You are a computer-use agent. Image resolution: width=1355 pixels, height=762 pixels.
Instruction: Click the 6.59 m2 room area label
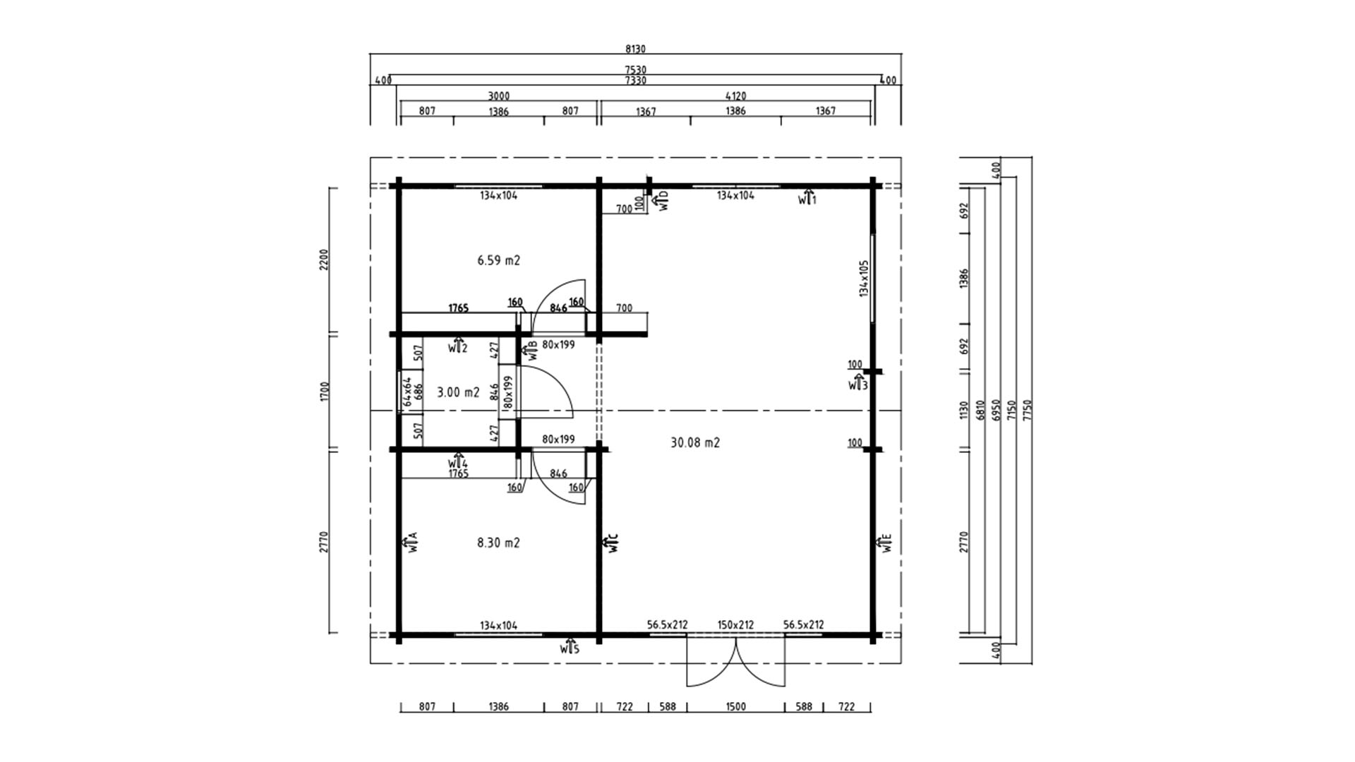(498, 260)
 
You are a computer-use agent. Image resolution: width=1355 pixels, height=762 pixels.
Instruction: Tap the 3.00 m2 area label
(458, 392)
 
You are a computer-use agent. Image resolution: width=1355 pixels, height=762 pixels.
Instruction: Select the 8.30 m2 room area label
(498, 543)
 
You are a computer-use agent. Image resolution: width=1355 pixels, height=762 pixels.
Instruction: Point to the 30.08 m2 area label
(695, 442)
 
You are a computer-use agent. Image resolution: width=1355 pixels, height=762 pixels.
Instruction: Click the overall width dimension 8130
(635, 49)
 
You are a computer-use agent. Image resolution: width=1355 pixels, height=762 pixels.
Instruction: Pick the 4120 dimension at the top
(735, 96)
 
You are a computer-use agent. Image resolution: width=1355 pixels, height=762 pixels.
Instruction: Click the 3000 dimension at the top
(498, 96)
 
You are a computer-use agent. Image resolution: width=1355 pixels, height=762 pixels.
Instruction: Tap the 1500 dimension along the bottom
(735, 706)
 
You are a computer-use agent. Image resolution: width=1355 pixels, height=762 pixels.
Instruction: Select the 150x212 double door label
(735, 624)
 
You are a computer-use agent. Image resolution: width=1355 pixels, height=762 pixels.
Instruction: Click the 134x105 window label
(864, 278)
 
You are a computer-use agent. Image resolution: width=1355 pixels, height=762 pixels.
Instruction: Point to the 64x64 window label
(406, 392)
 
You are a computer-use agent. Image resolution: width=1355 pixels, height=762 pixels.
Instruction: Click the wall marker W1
(807, 198)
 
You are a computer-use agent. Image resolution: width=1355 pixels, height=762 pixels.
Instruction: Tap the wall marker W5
(570, 647)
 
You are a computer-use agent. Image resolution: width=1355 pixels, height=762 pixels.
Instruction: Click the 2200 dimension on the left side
(324, 260)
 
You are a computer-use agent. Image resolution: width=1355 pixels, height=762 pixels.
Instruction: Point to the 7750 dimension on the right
(1027, 410)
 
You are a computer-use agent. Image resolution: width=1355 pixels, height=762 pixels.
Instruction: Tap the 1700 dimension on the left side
(324, 392)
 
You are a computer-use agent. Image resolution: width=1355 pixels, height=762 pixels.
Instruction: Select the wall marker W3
(858, 385)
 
